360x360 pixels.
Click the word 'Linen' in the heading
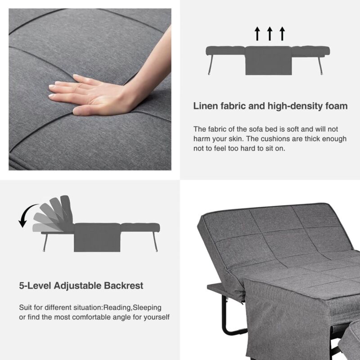(x=206, y=106)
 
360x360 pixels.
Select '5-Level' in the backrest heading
(x=35, y=286)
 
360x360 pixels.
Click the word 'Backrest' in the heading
(x=123, y=286)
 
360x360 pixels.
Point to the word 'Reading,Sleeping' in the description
(x=132, y=307)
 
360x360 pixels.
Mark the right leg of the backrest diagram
(x=155, y=242)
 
